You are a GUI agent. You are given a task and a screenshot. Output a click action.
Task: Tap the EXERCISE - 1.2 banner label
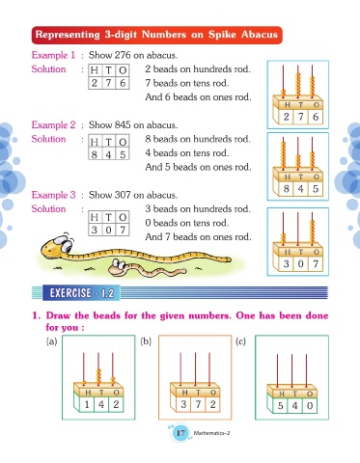pyautogui.click(x=82, y=293)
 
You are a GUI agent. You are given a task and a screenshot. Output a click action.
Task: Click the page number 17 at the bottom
pyautogui.click(x=180, y=433)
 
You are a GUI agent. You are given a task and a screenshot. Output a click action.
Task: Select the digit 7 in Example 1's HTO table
pyautogui.click(x=108, y=83)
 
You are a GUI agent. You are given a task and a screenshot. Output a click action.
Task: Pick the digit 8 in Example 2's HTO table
pyautogui.click(x=95, y=154)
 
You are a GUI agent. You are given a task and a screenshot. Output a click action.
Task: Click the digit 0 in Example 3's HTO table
pyautogui.click(x=109, y=230)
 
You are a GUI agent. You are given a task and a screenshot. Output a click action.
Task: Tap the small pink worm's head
pyautogui.click(x=118, y=267)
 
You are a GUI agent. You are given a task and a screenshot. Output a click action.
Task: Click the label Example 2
pyautogui.click(x=53, y=124)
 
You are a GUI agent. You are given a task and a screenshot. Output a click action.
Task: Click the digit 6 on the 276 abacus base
pyautogui.click(x=316, y=117)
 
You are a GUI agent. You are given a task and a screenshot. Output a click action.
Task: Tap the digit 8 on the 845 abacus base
pyautogui.click(x=287, y=188)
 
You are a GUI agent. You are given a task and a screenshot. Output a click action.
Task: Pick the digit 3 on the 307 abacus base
pyautogui.click(x=287, y=263)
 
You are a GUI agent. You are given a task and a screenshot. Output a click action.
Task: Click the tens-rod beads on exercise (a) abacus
pyautogui.click(x=98, y=376)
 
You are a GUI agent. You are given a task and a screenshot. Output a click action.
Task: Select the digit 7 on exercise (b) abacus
pyautogui.click(x=198, y=404)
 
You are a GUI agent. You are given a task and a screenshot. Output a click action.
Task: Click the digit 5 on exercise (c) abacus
pyautogui.click(x=281, y=406)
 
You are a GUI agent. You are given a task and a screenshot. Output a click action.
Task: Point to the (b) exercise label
pyautogui.click(x=146, y=340)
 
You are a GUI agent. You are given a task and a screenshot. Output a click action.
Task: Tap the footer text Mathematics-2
pyautogui.click(x=211, y=433)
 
